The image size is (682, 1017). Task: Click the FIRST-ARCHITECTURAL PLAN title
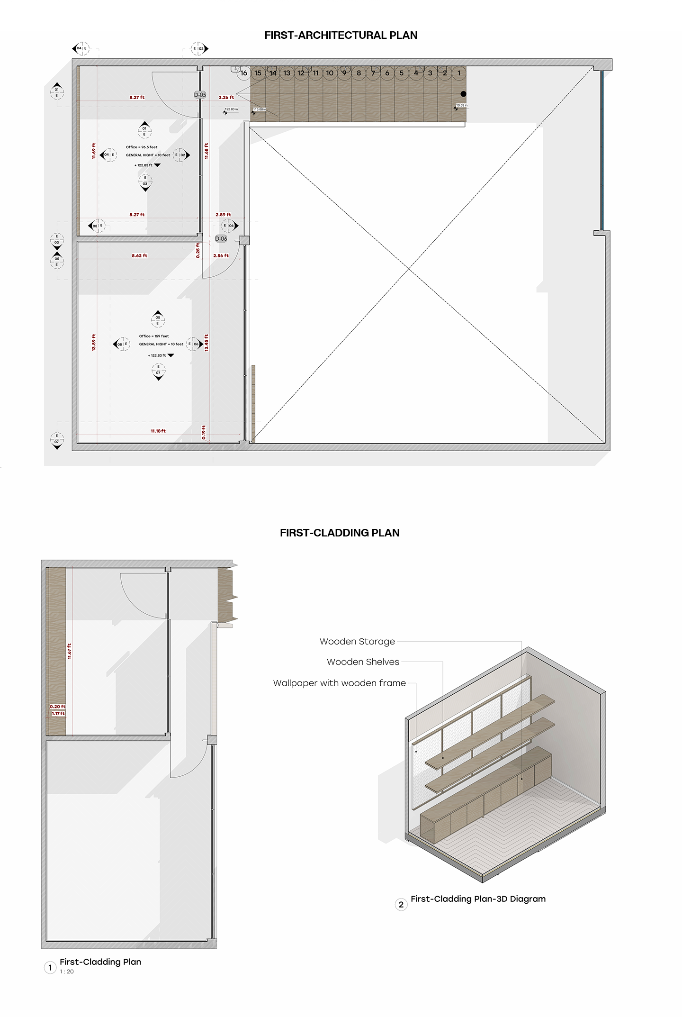[341, 35]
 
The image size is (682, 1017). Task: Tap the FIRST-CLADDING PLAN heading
[340, 533]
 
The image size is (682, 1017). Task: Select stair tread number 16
[243, 73]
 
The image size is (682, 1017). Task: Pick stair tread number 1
[458, 73]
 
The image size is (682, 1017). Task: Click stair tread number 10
[330, 73]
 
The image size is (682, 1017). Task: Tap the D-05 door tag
[200, 95]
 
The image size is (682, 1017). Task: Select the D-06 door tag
[221, 239]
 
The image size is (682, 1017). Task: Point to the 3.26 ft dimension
[226, 97]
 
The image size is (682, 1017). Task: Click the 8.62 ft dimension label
[139, 255]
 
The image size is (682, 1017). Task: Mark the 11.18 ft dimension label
[158, 431]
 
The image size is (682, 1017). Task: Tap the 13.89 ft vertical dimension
[94, 342]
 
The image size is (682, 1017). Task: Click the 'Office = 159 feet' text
[153, 336]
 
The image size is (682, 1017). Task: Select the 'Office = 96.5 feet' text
[141, 147]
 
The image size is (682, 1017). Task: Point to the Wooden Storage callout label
[357, 641]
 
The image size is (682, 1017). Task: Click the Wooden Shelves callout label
[363, 662]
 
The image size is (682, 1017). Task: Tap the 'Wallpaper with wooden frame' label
[339, 683]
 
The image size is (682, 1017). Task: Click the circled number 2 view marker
[401, 904]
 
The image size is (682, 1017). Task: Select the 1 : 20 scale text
[67, 972]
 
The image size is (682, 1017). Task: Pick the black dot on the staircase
[463, 94]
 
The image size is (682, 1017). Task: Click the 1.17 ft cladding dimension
[58, 714]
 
